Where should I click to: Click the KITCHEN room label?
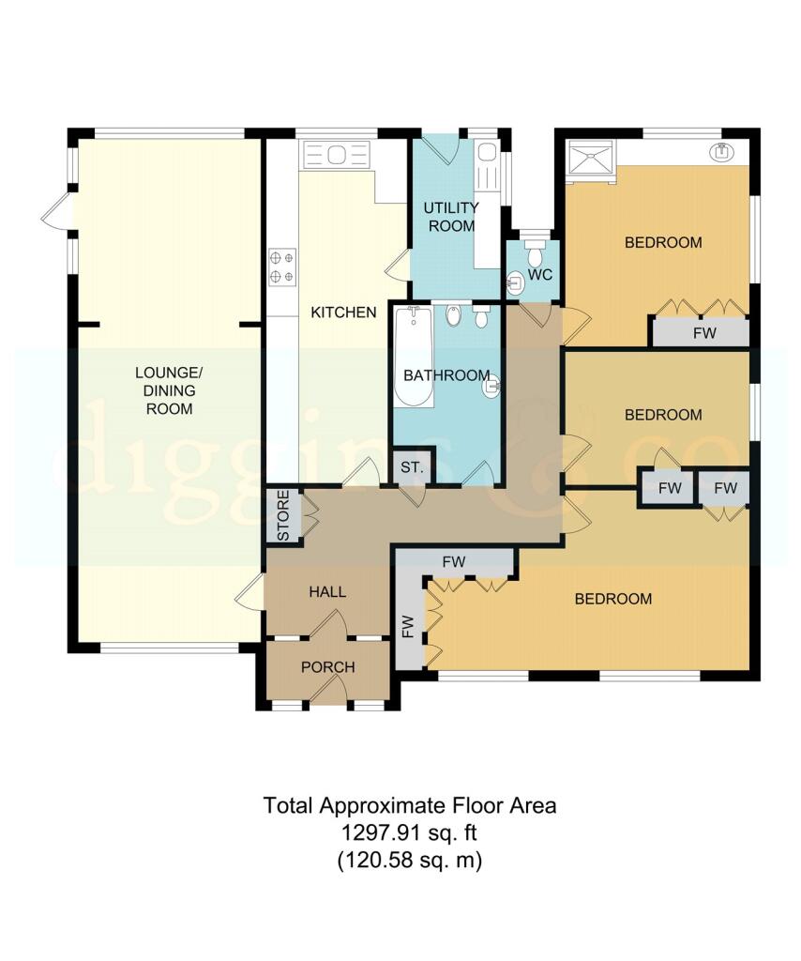click(x=343, y=313)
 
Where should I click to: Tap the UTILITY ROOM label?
click(x=451, y=217)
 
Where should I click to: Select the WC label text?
click(x=540, y=275)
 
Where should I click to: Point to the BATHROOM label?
click(x=447, y=375)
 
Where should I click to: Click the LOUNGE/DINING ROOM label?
click(x=169, y=390)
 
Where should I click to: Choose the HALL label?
click(x=327, y=592)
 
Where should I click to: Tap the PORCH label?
click(x=328, y=667)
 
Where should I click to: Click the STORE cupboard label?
click(x=283, y=515)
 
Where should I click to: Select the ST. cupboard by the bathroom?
click(x=412, y=467)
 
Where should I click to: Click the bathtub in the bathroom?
click(x=414, y=357)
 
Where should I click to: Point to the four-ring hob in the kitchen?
click(x=282, y=267)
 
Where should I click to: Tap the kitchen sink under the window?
click(x=337, y=155)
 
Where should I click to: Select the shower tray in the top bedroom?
click(x=591, y=158)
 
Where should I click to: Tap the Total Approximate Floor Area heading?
click(x=410, y=804)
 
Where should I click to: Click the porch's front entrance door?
click(x=328, y=695)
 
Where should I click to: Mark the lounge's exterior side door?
click(x=57, y=212)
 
